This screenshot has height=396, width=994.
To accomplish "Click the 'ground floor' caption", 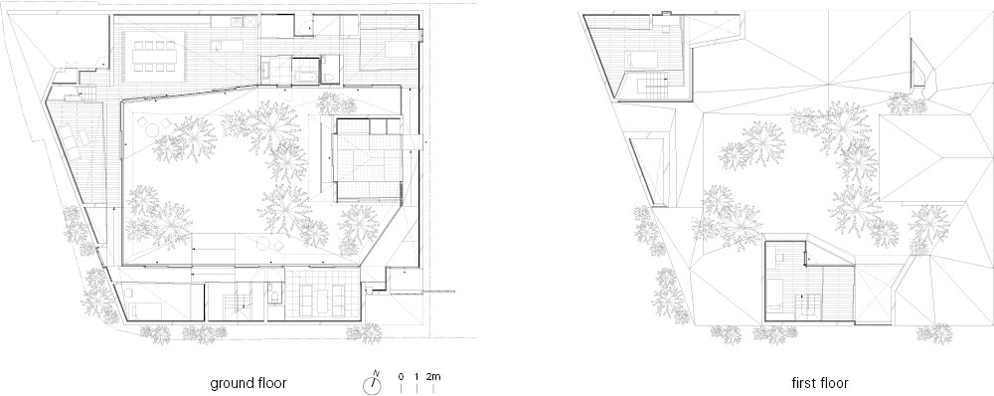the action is [248, 383].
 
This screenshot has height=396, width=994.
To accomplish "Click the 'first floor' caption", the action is [820, 383].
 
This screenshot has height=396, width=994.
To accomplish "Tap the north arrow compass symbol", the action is [372, 383].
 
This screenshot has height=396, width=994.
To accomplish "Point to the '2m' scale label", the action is [433, 376].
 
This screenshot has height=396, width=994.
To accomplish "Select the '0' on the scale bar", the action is [401, 376].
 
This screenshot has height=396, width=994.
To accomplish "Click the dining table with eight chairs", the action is [154, 56].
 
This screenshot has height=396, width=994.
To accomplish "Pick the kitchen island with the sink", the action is [228, 46].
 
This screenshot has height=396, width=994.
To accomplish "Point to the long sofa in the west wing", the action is [70, 142].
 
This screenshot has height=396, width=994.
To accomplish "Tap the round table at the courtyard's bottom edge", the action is [263, 242].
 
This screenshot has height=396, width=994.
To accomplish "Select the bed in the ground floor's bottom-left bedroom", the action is [148, 310].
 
